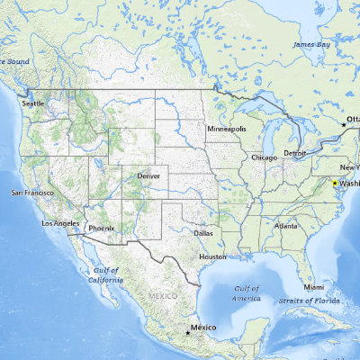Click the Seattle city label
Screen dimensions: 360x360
tap(32, 103)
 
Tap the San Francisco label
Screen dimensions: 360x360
tap(32, 193)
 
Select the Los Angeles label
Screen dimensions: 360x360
tap(60, 222)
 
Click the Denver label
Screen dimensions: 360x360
tap(148, 175)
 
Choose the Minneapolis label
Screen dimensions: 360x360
tap(226, 129)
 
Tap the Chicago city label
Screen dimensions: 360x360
tap(265, 157)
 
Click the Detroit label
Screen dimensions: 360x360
tap(294, 153)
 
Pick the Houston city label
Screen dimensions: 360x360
tap(212, 256)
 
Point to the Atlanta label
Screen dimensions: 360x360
tap(286, 225)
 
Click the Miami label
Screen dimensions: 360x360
tap(313, 286)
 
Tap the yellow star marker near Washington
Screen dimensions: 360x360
tap(335, 183)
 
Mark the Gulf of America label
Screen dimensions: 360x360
tap(247, 292)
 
